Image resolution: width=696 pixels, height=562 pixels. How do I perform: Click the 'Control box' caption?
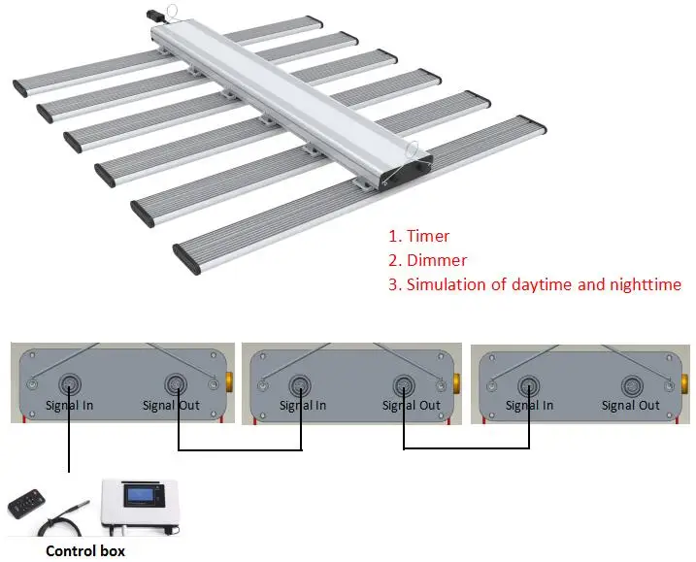[x=85, y=550]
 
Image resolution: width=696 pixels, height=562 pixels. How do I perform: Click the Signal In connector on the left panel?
[x=70, y=382]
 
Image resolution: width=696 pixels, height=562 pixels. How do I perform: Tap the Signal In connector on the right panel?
[x=528, y=382]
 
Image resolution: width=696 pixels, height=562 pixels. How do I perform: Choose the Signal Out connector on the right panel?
[x=631, y=382]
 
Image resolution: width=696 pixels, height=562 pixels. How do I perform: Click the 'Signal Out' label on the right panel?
[x=631, y=406]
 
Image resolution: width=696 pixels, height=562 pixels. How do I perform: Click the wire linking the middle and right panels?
[x=466, y=448]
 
